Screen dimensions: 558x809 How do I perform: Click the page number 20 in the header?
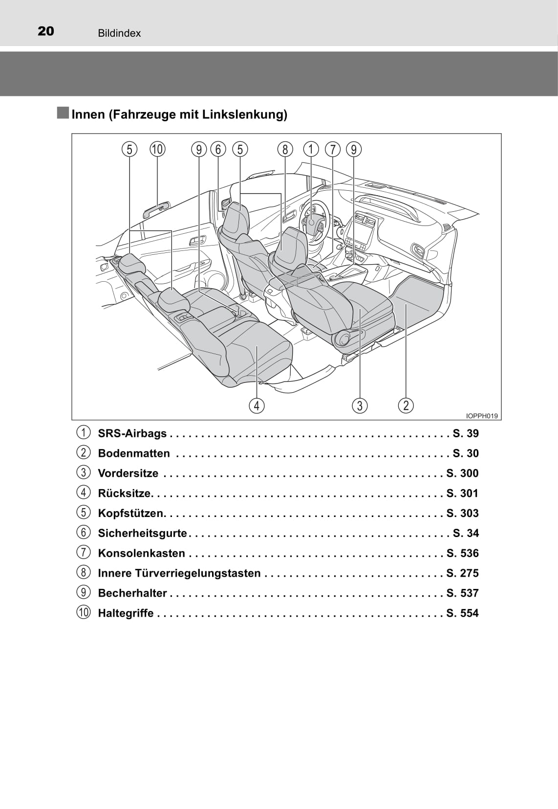(x=46, y=31)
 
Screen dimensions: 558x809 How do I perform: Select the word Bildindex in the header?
(x=119, y=33)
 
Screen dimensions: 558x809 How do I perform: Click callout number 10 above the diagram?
(x=158, y=149)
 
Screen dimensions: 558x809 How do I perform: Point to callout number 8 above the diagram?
(x=285, y=149)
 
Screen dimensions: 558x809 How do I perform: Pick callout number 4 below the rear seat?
(x=257, y=405)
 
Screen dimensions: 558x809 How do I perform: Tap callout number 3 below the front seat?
(x=360, y=405)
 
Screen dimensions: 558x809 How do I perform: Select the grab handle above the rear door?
(x=156, y=209)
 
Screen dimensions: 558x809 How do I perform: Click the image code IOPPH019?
(x=482, y=416)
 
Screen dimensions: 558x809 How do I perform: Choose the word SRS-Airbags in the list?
(x=132, y=433)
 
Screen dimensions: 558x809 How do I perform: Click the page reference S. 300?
(x=462, y=473)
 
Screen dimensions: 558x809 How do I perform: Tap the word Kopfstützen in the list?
(x=131, y=513)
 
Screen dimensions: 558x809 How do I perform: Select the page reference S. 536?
(x=462, y=553)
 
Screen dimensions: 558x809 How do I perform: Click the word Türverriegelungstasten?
(x=198, y=573)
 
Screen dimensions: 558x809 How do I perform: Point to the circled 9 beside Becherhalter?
(x=83, y=592)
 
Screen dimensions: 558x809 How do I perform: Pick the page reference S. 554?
(x=462, y=613)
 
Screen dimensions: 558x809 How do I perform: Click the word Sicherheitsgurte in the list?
(x=143, y=533)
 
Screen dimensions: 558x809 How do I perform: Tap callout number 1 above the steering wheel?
(x=311, y=149)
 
